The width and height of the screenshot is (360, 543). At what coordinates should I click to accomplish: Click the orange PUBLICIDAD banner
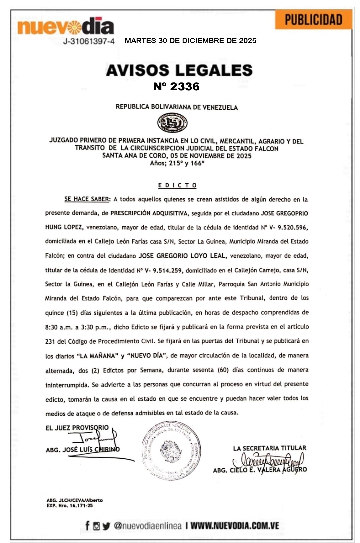tap(313, 20)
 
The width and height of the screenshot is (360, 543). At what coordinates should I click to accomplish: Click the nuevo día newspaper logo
tap(66, 27)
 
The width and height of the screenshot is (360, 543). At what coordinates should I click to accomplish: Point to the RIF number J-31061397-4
tap(89, 41)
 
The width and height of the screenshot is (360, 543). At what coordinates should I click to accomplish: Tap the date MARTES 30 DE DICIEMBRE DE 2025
tap(190, 41)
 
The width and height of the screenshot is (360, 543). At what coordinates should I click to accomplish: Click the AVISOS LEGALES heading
tap(179, 70)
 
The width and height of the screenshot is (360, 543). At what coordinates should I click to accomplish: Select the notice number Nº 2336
tap(176, 87)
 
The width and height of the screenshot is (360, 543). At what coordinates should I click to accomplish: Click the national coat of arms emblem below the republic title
tap(172, 123)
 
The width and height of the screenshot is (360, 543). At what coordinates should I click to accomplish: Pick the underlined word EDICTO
tap(177, 185)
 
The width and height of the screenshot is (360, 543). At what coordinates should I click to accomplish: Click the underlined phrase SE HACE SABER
tap(87, 199)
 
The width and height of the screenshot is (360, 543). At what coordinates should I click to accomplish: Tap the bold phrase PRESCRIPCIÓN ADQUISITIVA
tap(149, 213)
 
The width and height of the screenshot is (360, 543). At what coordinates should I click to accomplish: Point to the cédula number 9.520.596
tap(293, 228)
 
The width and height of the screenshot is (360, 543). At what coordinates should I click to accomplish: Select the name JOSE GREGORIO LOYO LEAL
tap(182, 256)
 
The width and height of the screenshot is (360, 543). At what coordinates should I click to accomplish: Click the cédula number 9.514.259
tap(167, 270)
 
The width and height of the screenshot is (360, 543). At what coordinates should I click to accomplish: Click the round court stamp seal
tap(172, 450)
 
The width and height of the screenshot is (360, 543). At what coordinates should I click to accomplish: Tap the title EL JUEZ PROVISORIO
tap(77, 428)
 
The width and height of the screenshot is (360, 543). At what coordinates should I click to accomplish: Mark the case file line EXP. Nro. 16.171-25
tap(70, 506)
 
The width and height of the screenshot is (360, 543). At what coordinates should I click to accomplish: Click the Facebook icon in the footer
tap(87, 526)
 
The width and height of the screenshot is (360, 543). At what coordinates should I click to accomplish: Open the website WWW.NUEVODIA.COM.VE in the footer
tap(235, 526)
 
